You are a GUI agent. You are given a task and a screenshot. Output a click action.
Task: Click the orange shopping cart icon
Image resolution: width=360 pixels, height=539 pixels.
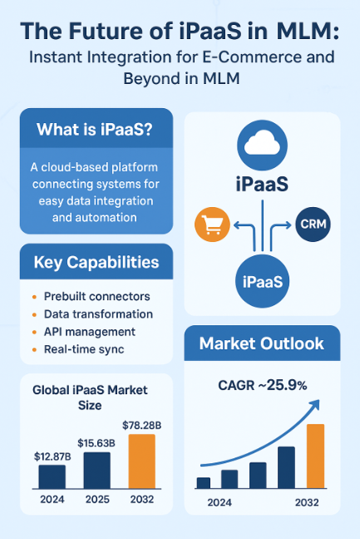212,225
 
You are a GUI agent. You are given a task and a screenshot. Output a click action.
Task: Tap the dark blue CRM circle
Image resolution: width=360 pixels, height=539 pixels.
313,224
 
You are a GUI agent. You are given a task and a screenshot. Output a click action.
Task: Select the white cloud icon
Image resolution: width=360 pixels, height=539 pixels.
262,143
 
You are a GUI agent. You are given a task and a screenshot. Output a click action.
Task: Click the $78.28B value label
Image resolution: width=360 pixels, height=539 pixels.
142,426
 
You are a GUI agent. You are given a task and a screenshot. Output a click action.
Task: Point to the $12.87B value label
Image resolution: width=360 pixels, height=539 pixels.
52,457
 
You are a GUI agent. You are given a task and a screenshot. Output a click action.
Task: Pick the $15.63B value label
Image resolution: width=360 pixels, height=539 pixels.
96,443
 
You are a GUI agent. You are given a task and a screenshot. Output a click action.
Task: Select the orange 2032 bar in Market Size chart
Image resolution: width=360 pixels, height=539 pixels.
142,462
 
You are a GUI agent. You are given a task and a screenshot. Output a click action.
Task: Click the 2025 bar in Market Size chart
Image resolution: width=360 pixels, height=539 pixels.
97,470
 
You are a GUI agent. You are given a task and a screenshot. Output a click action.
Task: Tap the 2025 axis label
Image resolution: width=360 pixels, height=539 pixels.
97,499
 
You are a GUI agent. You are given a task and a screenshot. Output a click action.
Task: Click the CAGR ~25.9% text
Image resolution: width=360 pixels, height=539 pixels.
263,385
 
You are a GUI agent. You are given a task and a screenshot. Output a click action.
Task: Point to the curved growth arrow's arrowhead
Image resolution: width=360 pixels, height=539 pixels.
314,405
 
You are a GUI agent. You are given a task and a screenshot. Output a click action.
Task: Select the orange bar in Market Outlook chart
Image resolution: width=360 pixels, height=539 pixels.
315,456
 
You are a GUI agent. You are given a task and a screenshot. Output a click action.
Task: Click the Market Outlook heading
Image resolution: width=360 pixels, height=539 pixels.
262,344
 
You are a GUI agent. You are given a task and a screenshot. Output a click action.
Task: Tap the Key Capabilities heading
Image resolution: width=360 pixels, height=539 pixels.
96,263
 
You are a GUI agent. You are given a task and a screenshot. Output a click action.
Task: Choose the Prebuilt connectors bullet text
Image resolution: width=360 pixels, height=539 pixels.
97,296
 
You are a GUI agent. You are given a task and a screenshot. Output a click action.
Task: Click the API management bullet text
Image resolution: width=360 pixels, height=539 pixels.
90,332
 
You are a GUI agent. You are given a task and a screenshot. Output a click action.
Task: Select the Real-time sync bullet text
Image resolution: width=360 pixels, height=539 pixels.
84,349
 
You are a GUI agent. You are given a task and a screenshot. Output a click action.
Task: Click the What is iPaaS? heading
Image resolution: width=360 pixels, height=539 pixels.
95,130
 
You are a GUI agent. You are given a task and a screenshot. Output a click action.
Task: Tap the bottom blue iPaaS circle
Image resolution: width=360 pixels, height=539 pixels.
263,281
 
